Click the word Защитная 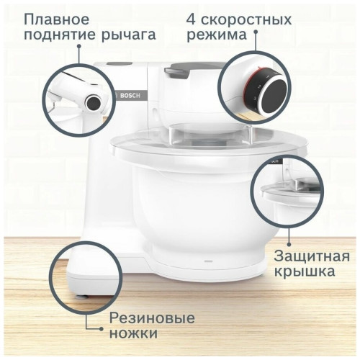pyautogui.click(x=311, y=257)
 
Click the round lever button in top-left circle pyautogui.click(x=92, y=103)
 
